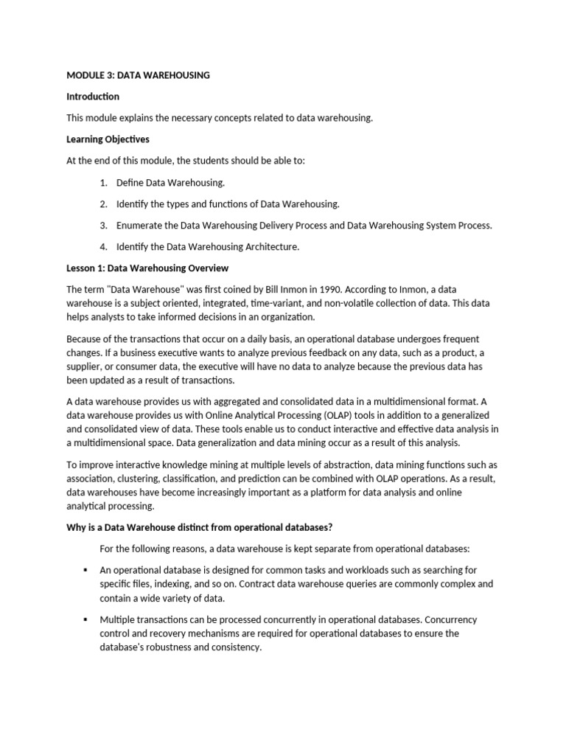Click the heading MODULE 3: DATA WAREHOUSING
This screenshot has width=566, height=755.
(138, 75)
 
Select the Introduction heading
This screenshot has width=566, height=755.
(93, 97)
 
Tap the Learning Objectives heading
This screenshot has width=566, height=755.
(108, 139)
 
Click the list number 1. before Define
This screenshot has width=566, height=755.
(104, 182)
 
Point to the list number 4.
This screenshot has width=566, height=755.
(104, 247)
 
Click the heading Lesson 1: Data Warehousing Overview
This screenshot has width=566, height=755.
(147, 268)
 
